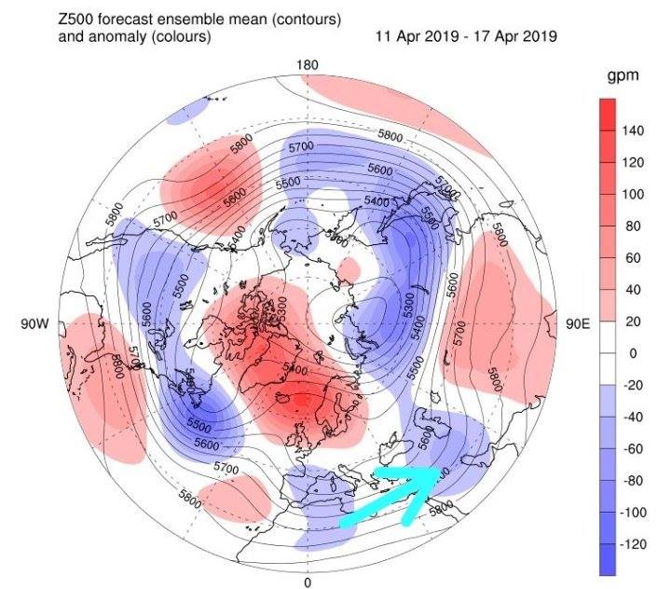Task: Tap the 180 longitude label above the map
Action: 308,65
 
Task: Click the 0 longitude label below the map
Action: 308,583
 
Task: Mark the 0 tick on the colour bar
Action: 629,353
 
